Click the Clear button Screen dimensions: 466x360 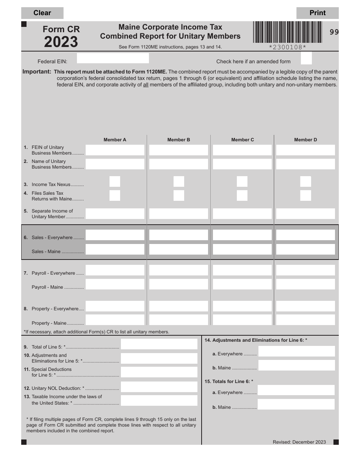42,13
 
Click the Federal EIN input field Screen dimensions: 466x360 113,58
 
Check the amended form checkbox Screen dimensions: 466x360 306,58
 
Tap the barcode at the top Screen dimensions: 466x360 287,32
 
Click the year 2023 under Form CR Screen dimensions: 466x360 61,42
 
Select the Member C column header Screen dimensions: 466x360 243,140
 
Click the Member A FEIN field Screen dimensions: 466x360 115,150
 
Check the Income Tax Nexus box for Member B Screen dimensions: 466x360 179,181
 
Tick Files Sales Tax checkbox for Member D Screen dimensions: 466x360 305,195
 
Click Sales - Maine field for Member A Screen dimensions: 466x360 115,249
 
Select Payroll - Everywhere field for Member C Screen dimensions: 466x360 242,270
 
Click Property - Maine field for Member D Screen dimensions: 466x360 305,320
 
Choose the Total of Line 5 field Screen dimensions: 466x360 159,344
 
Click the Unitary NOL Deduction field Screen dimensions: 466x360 159,387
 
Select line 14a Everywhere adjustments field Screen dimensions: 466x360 296,351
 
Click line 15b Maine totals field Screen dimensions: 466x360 296,404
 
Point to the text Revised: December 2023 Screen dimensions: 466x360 299,442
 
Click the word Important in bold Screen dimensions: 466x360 37,72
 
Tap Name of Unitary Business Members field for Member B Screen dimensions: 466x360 178,164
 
